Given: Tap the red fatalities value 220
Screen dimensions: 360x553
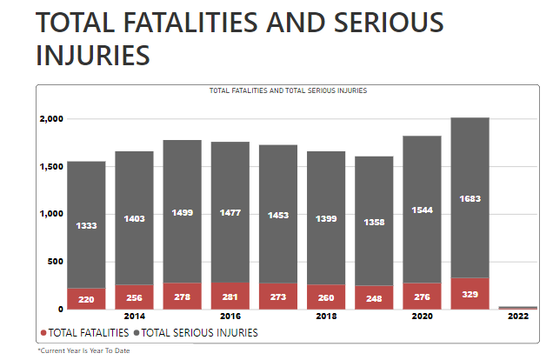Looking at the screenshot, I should click(86, 298).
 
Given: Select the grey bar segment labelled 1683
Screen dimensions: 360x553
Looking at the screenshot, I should click(470, 198).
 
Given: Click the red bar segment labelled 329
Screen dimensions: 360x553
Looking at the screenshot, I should click(470, 294).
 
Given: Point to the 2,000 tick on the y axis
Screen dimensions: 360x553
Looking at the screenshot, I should click(50, 118).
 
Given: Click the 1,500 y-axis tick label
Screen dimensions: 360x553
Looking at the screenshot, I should click(50, 166).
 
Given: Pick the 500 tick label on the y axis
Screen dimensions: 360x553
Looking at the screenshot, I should click(55, 262).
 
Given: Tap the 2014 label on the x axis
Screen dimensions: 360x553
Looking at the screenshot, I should click(134, 317).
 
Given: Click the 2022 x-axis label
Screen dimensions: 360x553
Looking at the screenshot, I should click(517, 317).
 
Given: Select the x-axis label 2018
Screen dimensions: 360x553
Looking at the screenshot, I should click(326, 317).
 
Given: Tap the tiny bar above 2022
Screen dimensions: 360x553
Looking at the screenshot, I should click(517, 307).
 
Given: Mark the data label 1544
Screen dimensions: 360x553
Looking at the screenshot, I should click(422, 211).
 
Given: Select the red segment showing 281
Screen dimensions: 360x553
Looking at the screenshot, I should click(230, 297).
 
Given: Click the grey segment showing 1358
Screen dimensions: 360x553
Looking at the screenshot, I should click(374, 222).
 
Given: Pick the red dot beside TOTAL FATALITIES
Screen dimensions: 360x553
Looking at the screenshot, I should click(43, 332).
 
